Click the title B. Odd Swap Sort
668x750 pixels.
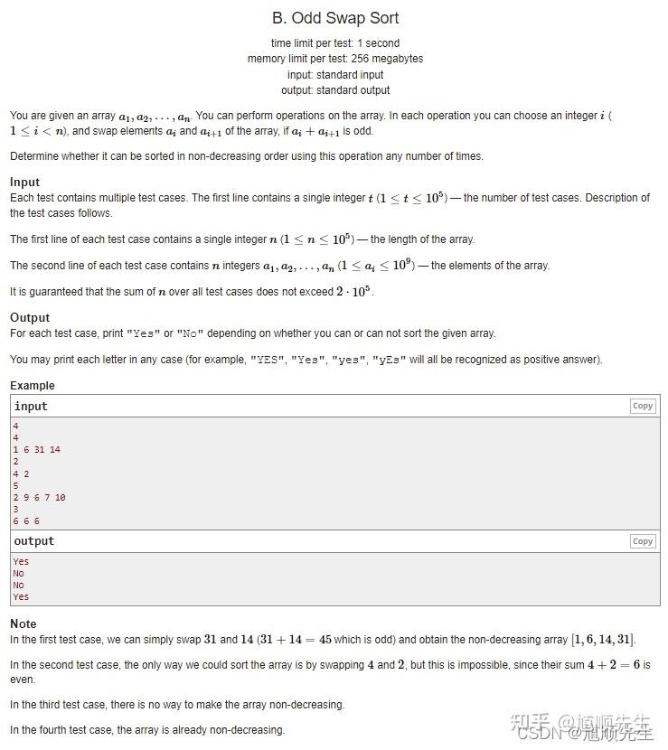[334, 18]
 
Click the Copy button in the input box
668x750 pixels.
[643, 407]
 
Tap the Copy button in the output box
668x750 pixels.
[643, 541]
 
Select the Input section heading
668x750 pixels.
[25, 182]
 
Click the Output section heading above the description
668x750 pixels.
[30, 317]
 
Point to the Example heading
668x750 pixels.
[33, 386]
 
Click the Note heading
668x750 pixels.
[24, 623]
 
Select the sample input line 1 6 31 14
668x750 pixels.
[37, 449]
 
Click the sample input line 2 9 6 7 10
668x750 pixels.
[39, 497]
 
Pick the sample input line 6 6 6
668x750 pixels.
[26, 521]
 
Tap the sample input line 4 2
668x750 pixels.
[21, 473]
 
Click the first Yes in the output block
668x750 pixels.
[21, 561]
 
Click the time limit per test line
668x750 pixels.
[334, 43]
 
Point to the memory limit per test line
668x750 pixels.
[334, 59]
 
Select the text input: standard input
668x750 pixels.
[334, 75]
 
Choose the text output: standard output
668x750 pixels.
[334, 90]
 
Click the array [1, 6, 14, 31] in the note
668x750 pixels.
[603, 640]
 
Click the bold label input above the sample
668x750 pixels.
[31, 407]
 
